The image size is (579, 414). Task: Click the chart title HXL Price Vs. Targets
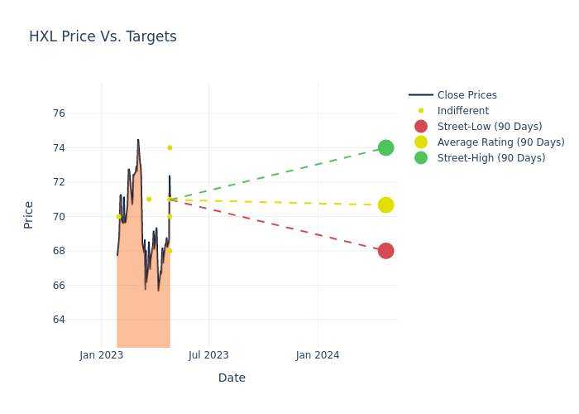tap(103, 36)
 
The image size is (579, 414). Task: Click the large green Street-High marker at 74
tap(385, 147)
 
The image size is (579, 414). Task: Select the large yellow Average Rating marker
tap(385, 205)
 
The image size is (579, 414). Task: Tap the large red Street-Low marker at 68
tap(385, 251)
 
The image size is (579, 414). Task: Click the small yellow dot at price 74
tap(170, 147)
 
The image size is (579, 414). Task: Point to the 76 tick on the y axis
tap(58, 113)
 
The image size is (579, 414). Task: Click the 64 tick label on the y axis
tap(58, 320)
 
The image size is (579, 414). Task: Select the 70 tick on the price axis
tap(58, 217)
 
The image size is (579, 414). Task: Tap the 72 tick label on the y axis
tap(58, 182)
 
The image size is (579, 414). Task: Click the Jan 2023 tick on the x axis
tap(102, 355)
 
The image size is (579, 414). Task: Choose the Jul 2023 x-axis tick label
tap(208, 355)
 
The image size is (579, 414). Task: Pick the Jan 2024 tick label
tap(318, 355)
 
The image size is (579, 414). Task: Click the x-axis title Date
tap(232, 378)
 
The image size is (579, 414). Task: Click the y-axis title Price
tap(29, 214)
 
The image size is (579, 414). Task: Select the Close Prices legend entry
tap(467, 95)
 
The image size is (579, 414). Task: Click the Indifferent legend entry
tap(462, 111)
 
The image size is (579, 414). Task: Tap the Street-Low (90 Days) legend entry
tap(489, 127)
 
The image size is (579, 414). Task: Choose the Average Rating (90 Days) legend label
tap(500, 142)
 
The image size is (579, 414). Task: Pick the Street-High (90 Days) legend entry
tap(490, 158)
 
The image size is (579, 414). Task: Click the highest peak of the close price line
tap(138, 140)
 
